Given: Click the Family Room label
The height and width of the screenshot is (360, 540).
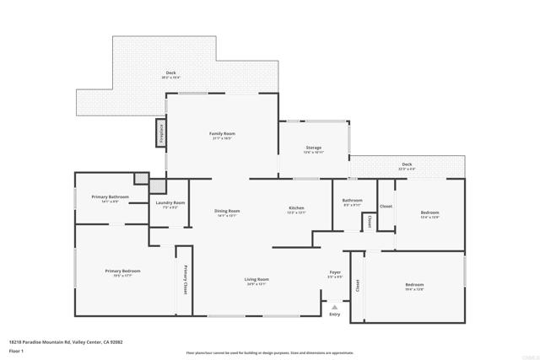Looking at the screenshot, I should [x=222, y=134].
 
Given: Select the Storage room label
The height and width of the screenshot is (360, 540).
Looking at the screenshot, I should [x=313, y=148].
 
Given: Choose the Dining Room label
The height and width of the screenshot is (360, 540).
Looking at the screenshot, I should [x=228, y=211].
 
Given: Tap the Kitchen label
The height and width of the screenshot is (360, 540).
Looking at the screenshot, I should [x=296, y=208].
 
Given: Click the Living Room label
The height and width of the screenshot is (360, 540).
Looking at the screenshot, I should [x=256, y=279].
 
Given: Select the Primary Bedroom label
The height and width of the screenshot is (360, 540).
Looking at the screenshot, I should [x=122, y=271].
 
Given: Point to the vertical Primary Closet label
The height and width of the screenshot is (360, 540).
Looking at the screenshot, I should [x=185, y=279].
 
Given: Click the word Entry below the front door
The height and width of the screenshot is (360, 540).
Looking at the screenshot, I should [x=335, y=314].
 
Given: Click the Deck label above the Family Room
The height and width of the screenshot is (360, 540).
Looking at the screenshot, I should [x=170, y=73].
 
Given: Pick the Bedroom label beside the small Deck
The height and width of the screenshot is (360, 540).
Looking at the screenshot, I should [x=429, y=212].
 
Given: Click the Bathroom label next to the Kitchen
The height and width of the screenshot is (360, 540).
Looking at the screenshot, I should [x=352, y=201].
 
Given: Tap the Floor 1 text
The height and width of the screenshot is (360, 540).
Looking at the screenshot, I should [x=16, y=349].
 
